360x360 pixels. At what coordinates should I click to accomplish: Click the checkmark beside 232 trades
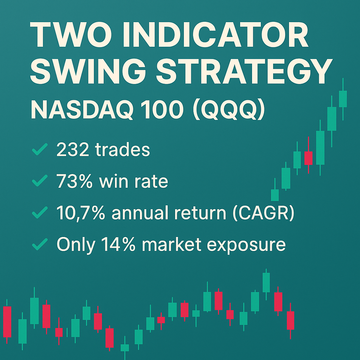[x=40, y=151]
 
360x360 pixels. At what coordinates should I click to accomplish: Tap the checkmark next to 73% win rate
[x=40, y=182]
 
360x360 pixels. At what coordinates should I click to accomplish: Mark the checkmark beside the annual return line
[x=40, y=213]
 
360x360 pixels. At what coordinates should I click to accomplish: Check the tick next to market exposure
[x=40, y=245]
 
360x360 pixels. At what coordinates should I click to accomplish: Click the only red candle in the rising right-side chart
[x=308, y=158]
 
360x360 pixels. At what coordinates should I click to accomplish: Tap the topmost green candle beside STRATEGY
[x=343, y=98]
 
